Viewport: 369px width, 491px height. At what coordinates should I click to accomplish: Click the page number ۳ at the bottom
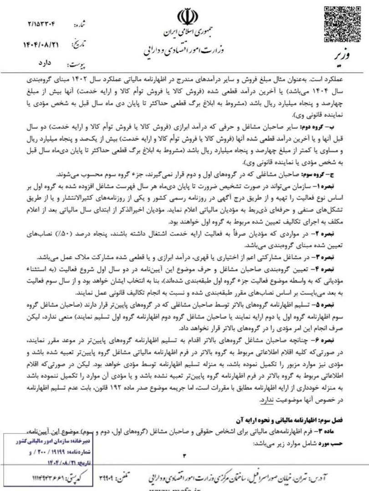[184, 456]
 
